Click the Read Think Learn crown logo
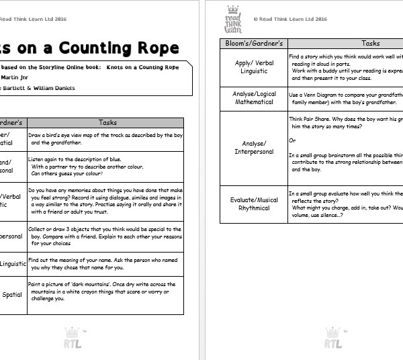[x=232, y=19]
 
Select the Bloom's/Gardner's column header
[x=253, y=43]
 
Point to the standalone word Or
[x=292, y=140]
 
